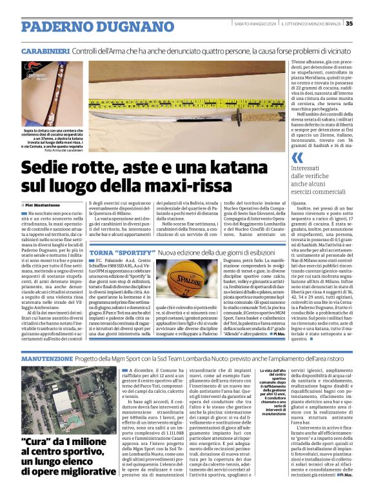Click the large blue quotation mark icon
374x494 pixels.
[x=297, y=158]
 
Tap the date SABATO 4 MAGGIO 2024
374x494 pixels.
[x=255, y=24]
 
